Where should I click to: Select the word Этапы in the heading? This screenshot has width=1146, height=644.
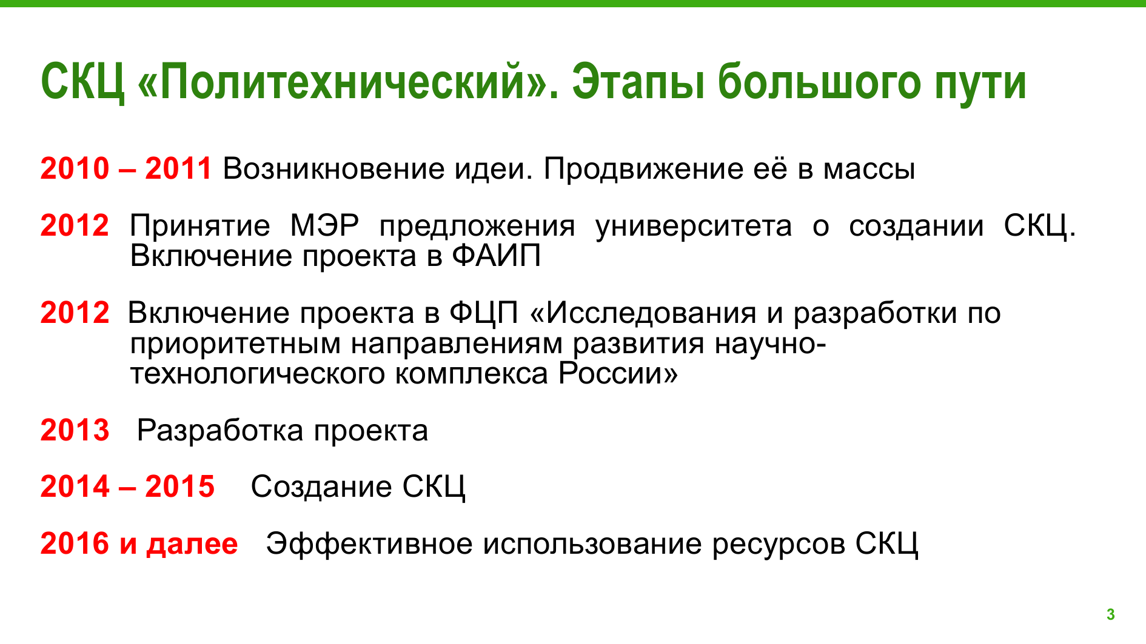coord(638,82)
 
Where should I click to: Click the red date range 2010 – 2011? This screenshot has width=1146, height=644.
coord(126,168)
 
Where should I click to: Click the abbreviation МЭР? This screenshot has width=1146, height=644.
coord(324,226)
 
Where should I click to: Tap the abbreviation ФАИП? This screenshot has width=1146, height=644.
coord(496,256)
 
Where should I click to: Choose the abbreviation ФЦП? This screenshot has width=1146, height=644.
coord(484,313)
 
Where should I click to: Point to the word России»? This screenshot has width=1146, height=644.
coord(618,373)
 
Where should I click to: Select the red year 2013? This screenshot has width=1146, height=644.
coord(75,431)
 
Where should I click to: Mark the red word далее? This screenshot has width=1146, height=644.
coord(192,544)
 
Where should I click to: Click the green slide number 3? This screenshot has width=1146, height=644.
coord(1110,614)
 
